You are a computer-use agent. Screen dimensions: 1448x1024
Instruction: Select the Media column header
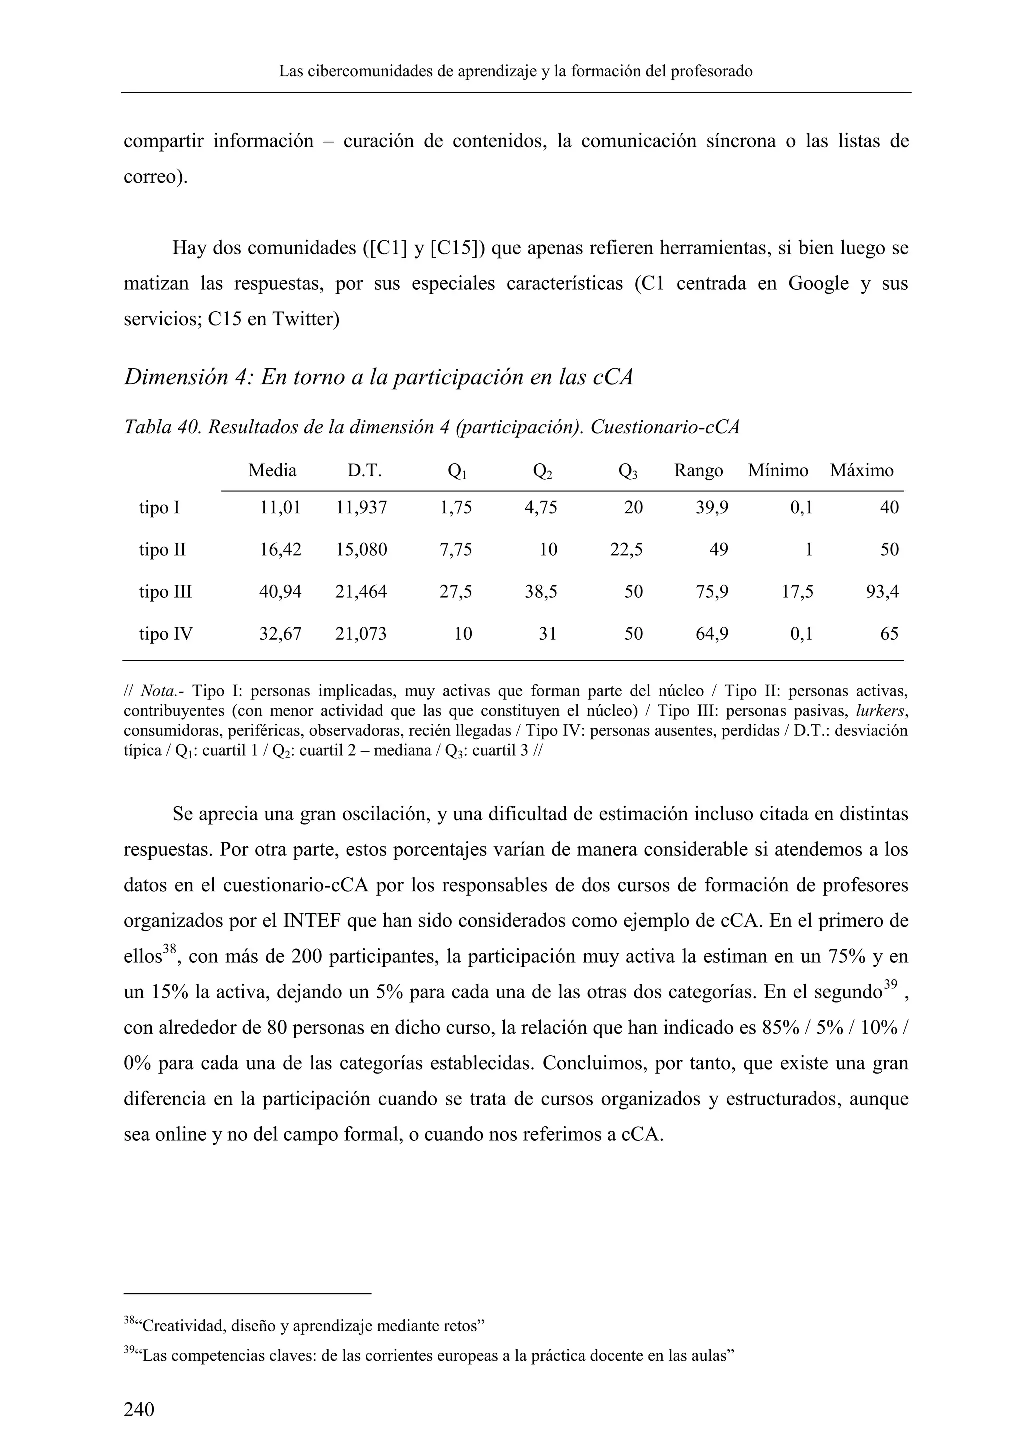[x=272, y=471]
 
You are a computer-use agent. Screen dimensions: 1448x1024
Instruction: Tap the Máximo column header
[x=861, y=471]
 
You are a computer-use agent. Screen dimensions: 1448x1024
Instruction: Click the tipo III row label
[x=165, y=592]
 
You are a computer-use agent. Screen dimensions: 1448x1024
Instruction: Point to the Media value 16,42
[x=280, y=550]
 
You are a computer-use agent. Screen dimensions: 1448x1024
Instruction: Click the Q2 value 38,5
[x=541, y=592]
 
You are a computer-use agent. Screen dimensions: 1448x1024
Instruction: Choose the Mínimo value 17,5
[x=797, y=592]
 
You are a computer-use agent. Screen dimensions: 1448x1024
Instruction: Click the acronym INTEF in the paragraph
[x=313, y=921]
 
